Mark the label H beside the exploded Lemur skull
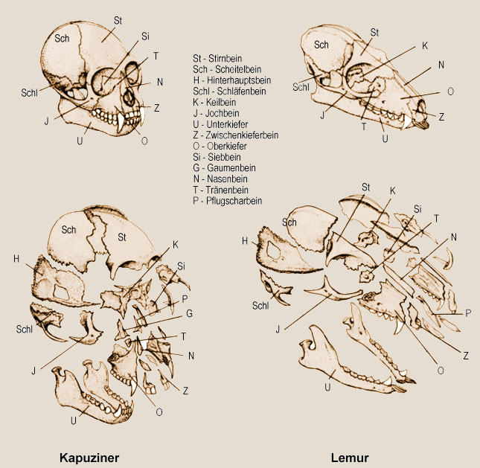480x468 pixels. coord(246,240)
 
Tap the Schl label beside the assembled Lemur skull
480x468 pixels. coord(301,87)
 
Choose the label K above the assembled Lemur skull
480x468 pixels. coord(424,45)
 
